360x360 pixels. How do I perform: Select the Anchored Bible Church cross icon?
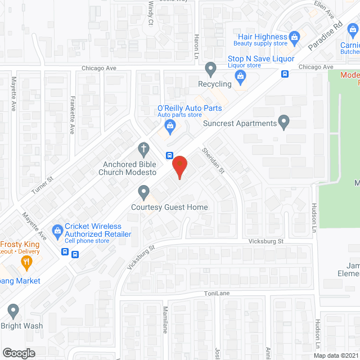click(x=143, y=149)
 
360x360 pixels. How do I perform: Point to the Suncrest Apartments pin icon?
click(x=284, y=122)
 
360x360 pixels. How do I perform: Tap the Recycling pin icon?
click(x=211, y=69)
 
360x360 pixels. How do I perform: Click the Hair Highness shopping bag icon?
click(x=294, y=38)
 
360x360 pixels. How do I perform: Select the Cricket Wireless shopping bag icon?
click(x=57, y=229)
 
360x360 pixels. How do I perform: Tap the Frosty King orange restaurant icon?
click(x=25, y=261)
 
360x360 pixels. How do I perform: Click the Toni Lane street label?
click(x=217, y=294)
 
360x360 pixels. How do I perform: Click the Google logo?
click(x=18, y=353)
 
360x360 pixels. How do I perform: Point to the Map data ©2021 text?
click(x=335, y=355)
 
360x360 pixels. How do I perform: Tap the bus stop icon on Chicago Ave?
click(x=285, y=73)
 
